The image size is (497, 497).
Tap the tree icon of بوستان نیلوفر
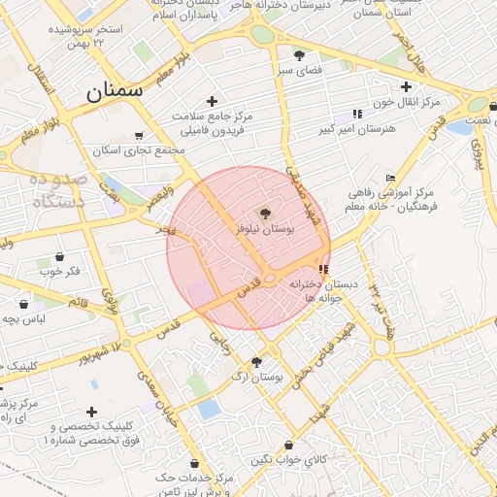[x=265, y=213]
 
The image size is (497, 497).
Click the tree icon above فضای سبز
[x=300, y=54]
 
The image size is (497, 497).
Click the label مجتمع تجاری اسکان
[x=139, y=150]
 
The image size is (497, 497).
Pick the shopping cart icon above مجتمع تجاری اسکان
[x=139, y=136]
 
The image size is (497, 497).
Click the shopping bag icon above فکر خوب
[x=60, y=257]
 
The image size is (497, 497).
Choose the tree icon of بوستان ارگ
[x=255, y=362]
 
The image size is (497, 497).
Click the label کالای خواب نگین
[x=289, y=459]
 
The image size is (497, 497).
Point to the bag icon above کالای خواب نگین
[x=288, y=446]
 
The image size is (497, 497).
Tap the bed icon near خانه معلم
[x=390, y=178]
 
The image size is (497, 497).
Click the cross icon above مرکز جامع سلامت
[x=213, y=101]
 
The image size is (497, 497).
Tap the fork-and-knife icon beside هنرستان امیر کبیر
[x=357, y=114]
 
